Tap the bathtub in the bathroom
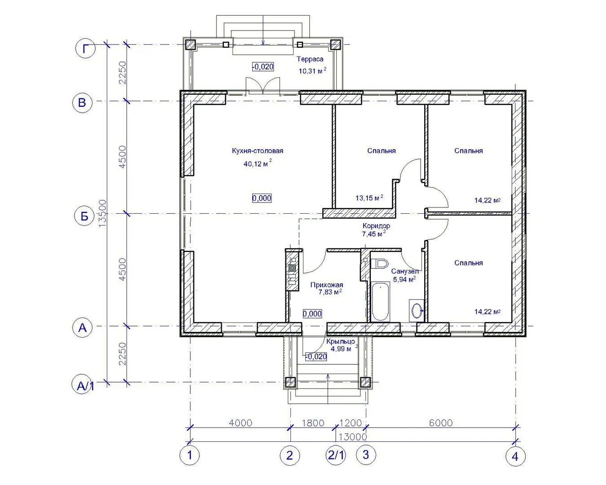381,302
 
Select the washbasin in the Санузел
417,311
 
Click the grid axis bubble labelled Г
86,48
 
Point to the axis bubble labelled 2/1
336,454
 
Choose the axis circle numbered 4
515,456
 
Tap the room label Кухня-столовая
257,151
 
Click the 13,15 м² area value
369,198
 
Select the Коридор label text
376,225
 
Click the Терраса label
310,59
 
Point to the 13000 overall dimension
352,437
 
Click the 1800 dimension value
313,423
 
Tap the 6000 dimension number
441,423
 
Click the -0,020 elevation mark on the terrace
263,67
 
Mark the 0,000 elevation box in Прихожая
312,313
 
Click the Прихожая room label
327,285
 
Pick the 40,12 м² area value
258,163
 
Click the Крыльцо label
340,342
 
